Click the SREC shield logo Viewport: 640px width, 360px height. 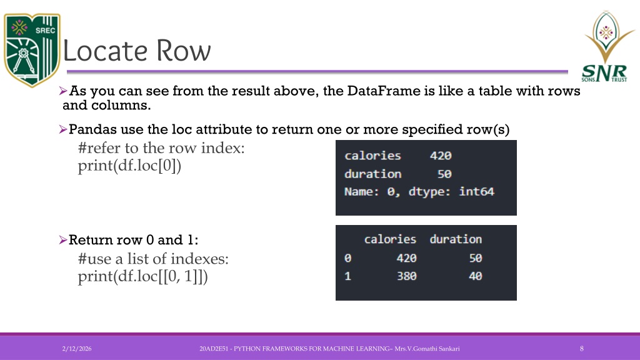(x=32, y=50)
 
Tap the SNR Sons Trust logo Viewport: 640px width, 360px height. (x=606, y=46)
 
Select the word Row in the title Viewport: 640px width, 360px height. (x=184, y=51)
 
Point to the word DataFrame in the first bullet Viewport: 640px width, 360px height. (x=384, y=90)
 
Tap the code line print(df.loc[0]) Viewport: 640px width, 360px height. (x=129, y=166)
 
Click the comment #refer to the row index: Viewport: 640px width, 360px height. (x=161, y=147)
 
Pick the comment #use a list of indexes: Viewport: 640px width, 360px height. (x=153, y=258)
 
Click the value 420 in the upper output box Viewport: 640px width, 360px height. (x=441, y=156)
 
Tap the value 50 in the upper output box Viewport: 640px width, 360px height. (x=444, y=174)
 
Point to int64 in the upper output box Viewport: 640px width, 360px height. (x=476, y=191)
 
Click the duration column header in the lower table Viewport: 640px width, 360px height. (x=456, y=239)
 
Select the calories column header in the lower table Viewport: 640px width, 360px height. (x=390, y=239)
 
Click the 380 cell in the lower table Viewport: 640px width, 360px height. (x=406, y=276)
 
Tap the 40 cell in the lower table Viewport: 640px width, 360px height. (x=475, y=276)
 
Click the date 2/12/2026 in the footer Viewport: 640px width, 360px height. (x=77, y=349)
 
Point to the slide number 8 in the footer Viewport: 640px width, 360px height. (x=582, y=349)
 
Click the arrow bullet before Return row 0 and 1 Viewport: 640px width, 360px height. (x=63, y=239)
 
